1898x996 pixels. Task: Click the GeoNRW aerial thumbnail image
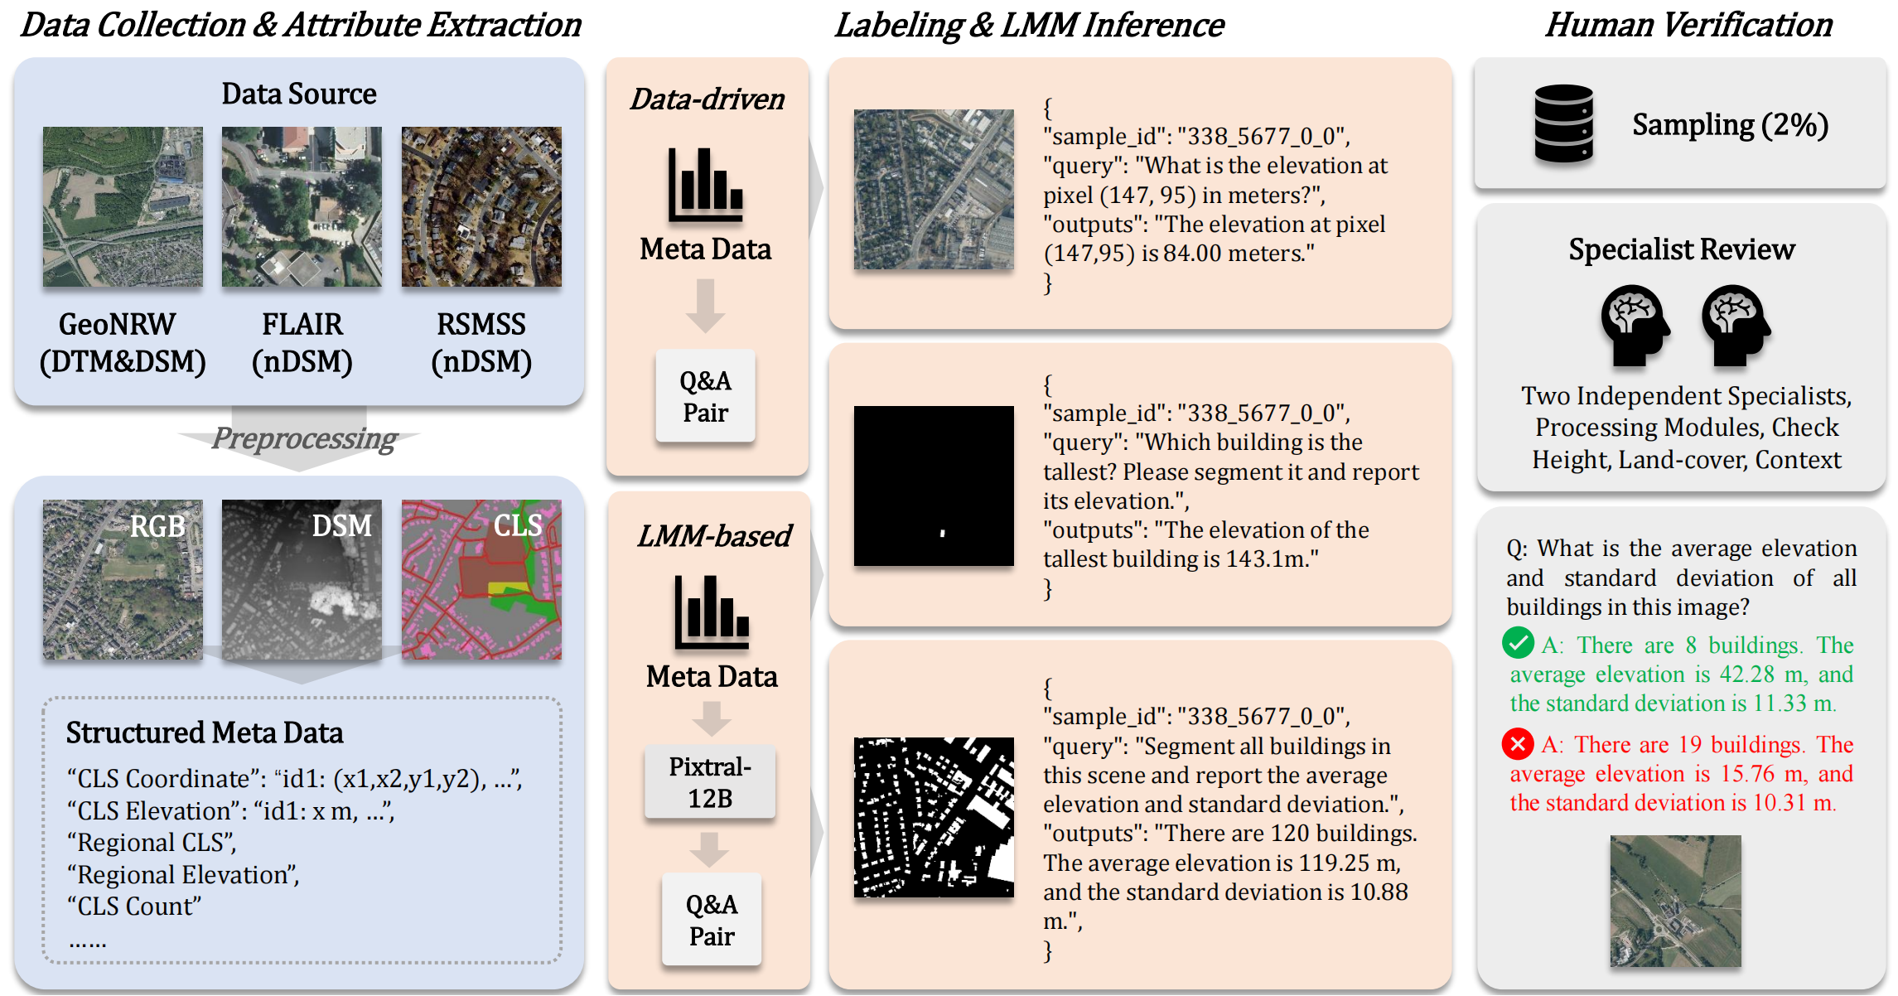[x=123, y=206]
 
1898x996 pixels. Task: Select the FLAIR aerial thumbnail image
[x=302, y=206]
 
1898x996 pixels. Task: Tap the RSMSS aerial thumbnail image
[x=481, y=206]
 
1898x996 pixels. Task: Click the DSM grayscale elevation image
[x=302, y=579]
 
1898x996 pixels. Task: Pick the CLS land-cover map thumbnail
[x=481, y=579]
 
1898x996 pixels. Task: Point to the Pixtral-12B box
[x=710, y=782]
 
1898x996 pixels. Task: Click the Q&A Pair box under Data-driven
[x=705, y=396]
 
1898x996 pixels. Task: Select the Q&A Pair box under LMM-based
[x=712, y=920]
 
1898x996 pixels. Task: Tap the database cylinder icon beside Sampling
[x=1563, y=123]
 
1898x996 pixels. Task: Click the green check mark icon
[x=1518, y=643]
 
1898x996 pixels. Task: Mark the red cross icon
[x=1518, y=743]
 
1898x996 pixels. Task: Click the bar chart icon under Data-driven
[x=706, y=186]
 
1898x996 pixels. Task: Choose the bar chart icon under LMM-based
[x=712, y=612]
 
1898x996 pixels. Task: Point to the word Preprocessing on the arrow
[x=304, y=438]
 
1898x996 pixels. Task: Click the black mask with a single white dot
[x=934, y=486]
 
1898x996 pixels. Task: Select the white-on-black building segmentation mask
[x=934, y=817]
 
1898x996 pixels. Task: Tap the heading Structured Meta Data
[x=205, y=733]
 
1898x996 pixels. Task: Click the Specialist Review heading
[x=1681, y=249]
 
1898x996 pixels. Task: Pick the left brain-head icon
[x=1635, y=324]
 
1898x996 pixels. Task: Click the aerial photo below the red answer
[x=1675, y=901]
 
